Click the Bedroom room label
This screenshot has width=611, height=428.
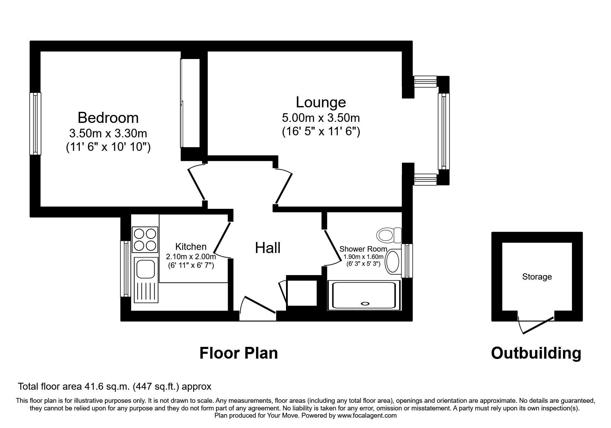108,118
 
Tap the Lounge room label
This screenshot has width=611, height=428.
321,102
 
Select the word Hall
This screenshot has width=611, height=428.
268,248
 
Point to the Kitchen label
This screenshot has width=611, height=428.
191,246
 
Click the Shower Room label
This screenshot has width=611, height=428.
363,249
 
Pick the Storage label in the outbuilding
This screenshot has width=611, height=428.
537,276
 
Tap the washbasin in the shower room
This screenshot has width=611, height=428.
392,262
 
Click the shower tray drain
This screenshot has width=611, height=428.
365,303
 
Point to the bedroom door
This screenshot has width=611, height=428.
197,184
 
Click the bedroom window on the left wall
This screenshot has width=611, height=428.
35,124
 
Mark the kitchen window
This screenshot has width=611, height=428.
125,269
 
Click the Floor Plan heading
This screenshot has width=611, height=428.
238,353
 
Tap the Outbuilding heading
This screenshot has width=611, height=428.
536,353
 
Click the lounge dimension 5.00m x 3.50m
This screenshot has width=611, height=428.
321,118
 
